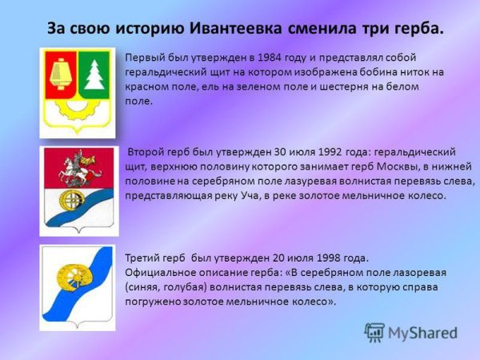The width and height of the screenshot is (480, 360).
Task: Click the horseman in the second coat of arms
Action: pos(79,169)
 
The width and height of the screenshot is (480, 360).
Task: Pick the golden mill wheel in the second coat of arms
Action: pos(71,201)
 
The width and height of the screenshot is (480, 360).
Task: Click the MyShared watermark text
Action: pos(422,333)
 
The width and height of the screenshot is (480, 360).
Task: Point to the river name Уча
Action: pos(250,196)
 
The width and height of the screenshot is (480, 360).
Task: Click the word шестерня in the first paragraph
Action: pos(344,87)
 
